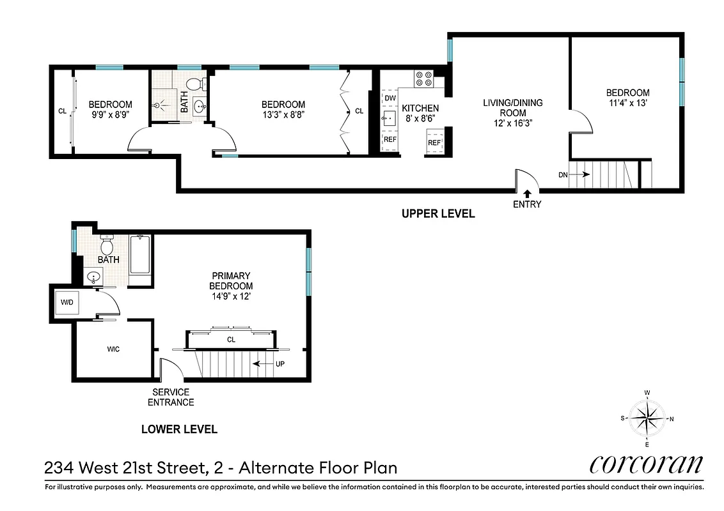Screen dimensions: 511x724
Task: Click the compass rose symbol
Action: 648,418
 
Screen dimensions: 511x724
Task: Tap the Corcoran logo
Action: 646,464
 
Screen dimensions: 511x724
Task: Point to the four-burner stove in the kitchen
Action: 423,79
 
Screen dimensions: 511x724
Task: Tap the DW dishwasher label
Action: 391,98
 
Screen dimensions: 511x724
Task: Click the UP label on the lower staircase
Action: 279,364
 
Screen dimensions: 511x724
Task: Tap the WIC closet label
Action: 113,349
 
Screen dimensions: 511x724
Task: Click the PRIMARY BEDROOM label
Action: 232,281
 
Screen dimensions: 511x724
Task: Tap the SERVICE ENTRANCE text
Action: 171,397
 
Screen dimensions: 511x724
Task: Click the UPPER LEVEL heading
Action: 438,214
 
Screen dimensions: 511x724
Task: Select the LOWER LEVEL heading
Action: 179,429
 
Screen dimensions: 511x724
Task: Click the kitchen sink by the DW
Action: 390,118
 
